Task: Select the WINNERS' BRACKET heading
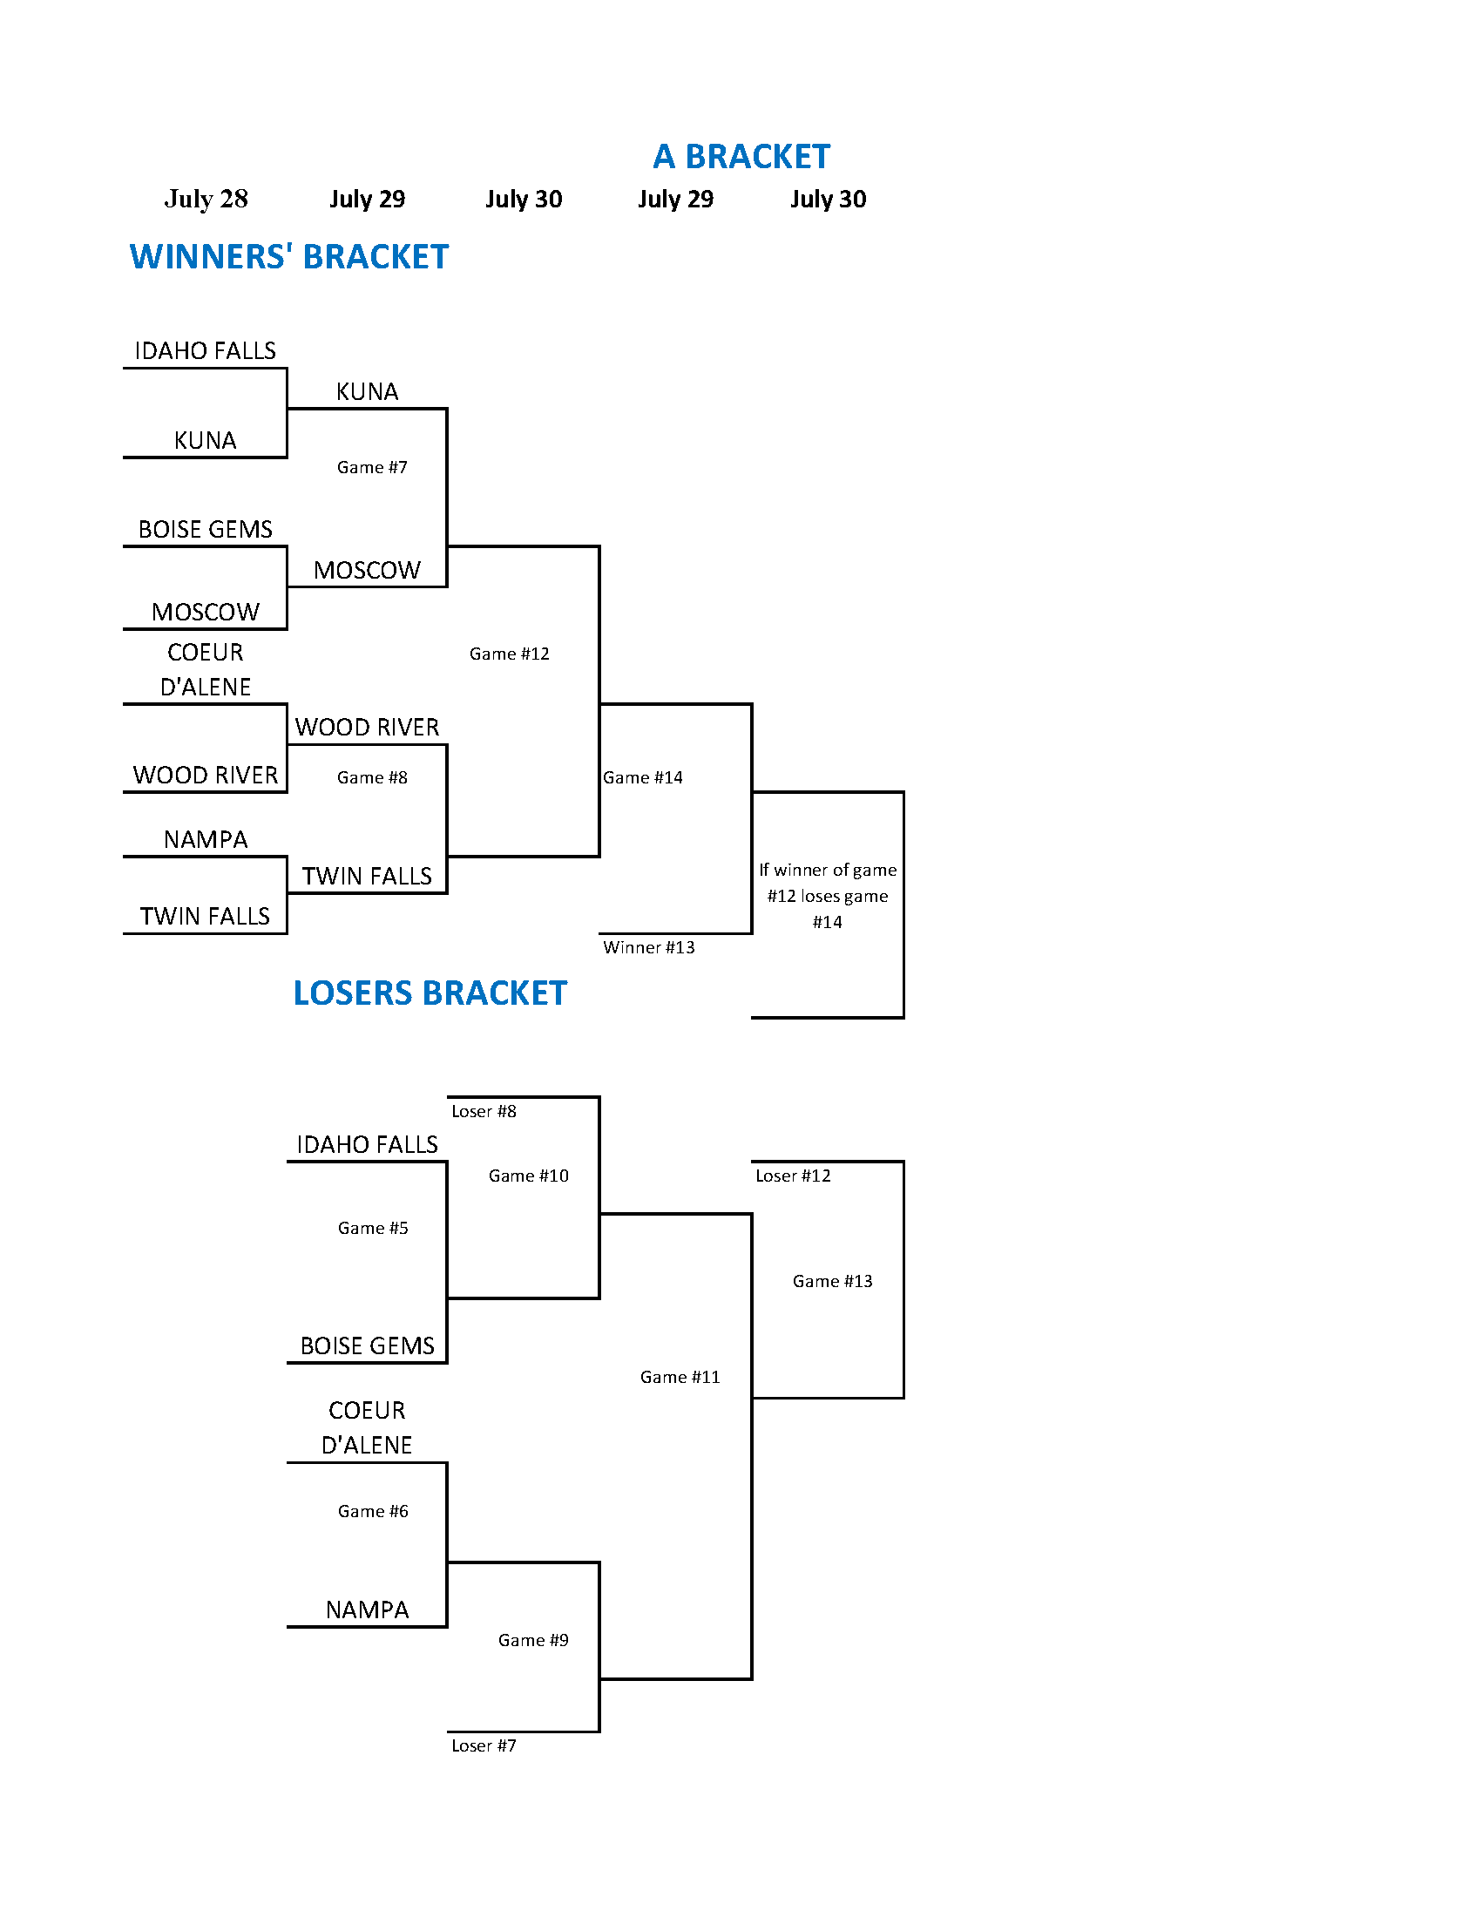289,256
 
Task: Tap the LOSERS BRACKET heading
430,993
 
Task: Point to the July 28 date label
206,199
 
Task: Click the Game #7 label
372,467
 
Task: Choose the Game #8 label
372,777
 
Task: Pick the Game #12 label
509,654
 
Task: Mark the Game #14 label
643,777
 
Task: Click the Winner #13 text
649,947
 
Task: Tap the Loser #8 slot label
484,1111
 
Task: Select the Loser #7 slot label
484,1745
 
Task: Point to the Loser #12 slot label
793,1176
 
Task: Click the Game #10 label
529,1176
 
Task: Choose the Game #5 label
373,1228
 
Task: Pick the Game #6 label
373,1511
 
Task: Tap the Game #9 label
533,1641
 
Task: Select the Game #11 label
680,1377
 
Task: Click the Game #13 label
832,1281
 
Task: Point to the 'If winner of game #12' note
828,896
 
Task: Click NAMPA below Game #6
367,1610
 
